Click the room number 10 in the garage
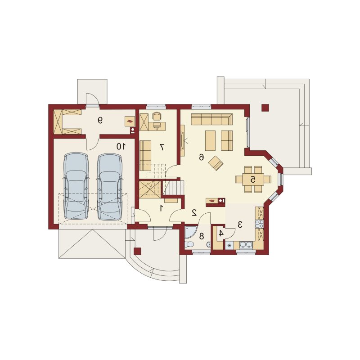(121, 146)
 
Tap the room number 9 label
(100, 120)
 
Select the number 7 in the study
(162, 147)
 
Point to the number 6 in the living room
(201, 157)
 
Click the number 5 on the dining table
(253, 179)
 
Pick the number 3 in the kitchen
(240, 224)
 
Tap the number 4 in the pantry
(221, 234)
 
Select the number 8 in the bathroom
(202, 236)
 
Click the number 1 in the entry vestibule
(162, 208)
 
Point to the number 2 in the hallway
(194, 213)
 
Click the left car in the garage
(76, 186)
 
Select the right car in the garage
(109, 186)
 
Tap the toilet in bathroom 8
(189, 244)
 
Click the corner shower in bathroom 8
(189, 232)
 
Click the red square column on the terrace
(265, 108)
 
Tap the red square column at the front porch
(138, 251)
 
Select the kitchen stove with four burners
(260, 224)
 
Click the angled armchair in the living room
(216, 163)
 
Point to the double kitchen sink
(246, 245)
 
